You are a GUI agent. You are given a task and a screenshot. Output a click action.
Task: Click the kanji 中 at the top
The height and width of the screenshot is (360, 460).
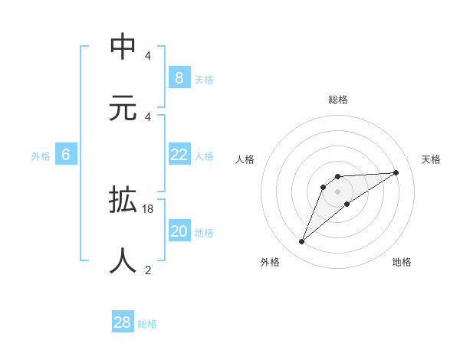click(x=124, y=47)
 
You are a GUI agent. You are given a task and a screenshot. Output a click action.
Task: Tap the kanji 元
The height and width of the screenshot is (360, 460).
click(x=124, y=107)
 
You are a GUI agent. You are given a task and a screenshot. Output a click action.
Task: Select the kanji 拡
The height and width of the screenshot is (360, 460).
click(x=124, y=201)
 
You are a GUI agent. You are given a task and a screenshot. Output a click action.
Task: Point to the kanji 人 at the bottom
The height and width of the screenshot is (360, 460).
click(x=124, y=260)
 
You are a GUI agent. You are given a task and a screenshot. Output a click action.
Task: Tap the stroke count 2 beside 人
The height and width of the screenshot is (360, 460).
click(x=148, y=270)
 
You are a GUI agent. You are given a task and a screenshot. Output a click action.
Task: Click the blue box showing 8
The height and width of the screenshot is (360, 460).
click(x=179, y=78)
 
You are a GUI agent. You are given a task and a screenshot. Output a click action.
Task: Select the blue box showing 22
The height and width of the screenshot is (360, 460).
click(x=179, y=155)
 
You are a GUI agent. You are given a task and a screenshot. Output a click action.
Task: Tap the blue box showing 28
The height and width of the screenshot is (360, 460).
click(x=123, y=322)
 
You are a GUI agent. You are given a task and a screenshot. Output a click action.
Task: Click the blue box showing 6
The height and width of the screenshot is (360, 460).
click(x=66, y=155)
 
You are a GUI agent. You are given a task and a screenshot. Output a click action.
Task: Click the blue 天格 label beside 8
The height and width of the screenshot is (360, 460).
click(x=204, y=80)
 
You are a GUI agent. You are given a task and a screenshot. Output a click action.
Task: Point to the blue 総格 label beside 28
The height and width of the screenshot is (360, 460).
click(x=147, y=324)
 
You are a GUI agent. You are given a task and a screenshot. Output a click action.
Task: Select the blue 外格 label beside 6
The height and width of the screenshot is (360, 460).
click(x=41, y=156)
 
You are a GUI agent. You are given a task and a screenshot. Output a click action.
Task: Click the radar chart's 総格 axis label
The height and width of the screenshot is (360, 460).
click(x=338, y=100)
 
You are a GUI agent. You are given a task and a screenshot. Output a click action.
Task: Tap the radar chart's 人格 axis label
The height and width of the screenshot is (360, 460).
click(x=245, y=159)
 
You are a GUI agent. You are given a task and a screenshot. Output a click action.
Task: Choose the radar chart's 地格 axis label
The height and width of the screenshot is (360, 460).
click(x=402, y=262)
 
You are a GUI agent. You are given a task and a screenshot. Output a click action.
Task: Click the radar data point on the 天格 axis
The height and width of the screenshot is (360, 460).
click(x=396, y=172)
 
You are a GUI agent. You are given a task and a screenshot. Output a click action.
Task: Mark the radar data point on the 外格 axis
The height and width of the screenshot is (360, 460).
click(x=301, y=242)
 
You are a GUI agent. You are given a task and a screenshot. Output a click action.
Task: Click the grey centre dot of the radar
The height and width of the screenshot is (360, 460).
click(x=337, y=191)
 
